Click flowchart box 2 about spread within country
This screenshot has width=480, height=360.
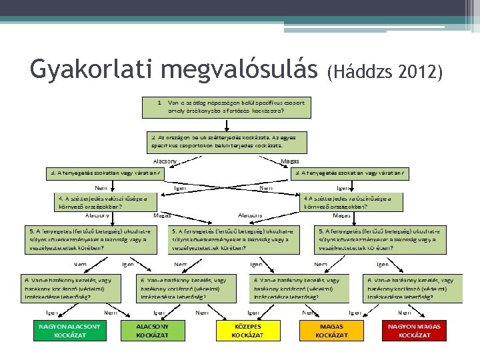click(226, 140)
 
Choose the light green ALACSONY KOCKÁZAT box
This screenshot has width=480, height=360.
click(153, 331)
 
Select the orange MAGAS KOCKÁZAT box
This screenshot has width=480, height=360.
click(331, 331)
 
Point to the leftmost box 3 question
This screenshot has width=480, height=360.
click(104, 173)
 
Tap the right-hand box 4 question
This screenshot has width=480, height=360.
click(353, 201)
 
